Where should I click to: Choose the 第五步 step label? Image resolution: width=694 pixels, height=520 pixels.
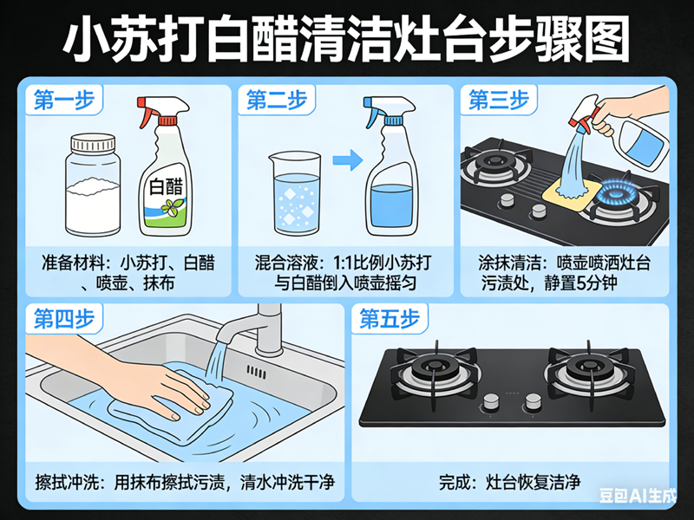tap(389, 318)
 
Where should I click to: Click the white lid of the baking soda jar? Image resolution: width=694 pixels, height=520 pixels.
tap(95, 144)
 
